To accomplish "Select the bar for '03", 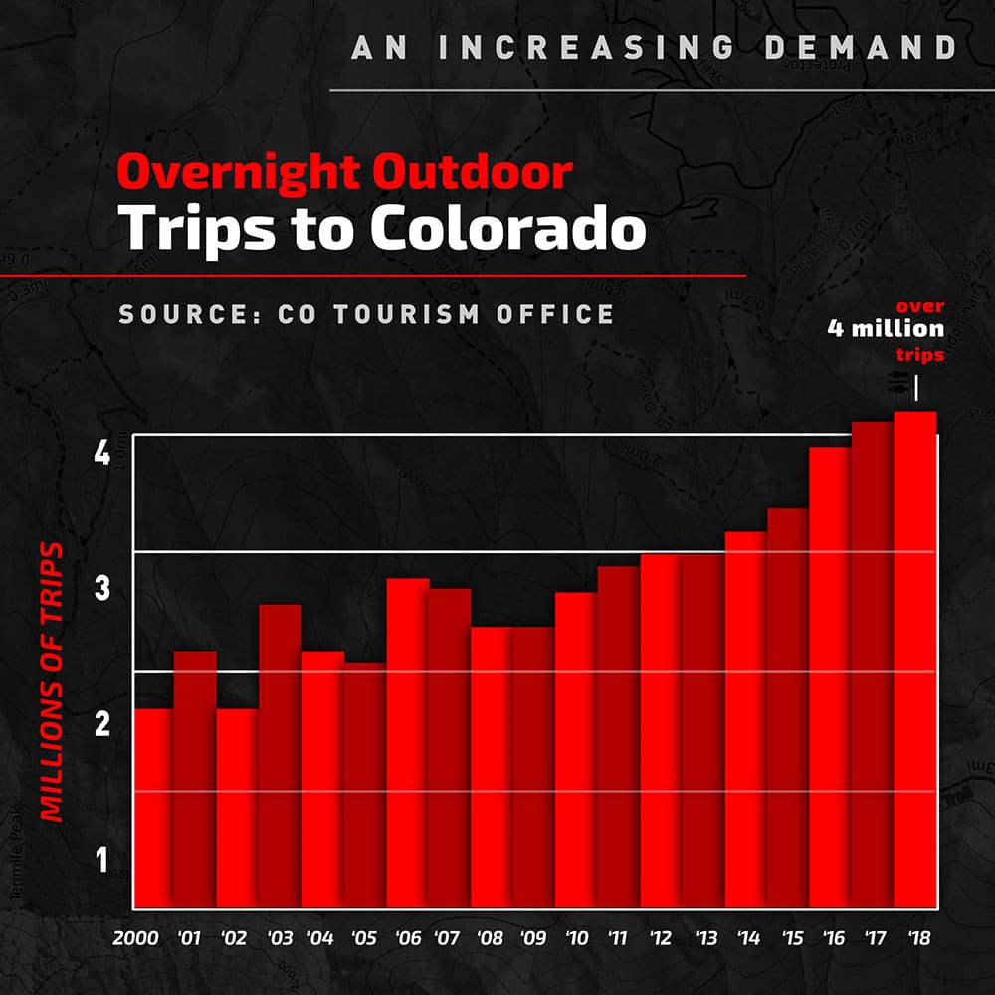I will click(x=280, y=756).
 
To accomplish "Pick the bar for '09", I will click(x=533, y=767).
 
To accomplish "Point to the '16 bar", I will click(x=830, y=678).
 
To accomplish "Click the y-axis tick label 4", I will click(x=101, y=455).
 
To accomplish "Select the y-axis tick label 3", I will click(x=101, y=589).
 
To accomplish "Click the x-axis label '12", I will click(x=659, y=938).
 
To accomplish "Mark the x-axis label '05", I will click(x=363, y=938).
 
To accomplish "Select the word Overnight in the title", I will click(x=237, y=173).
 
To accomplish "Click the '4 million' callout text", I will click(x=885, y=330).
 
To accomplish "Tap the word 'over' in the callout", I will click(x=919, y=306).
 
